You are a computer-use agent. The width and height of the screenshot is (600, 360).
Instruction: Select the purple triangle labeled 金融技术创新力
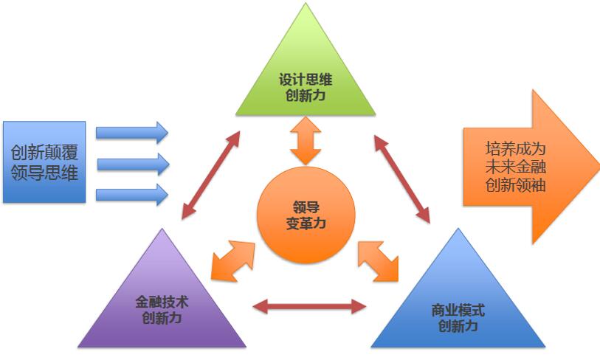point(162,306)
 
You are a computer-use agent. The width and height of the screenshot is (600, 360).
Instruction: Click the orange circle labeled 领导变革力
point(306,214)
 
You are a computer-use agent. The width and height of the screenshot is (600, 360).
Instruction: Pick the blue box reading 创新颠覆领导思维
point(44,162)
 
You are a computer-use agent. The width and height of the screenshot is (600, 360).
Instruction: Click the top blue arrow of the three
point(132,133)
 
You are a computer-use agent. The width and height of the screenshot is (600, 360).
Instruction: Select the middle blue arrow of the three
point(132,164)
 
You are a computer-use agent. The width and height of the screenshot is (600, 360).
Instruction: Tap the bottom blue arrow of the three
point(132,195)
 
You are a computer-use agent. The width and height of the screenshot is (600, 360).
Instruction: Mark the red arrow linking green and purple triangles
point(211,175)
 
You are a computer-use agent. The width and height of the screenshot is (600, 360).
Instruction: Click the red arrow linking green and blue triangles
point(401,177)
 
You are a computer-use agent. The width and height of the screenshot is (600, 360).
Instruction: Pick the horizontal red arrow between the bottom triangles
point(309,305)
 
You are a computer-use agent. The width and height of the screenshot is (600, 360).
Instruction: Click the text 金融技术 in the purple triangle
point(162,302)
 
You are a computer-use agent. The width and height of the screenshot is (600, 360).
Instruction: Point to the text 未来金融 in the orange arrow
point(516,166)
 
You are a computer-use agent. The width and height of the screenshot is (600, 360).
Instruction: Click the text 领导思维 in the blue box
point(44,174)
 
